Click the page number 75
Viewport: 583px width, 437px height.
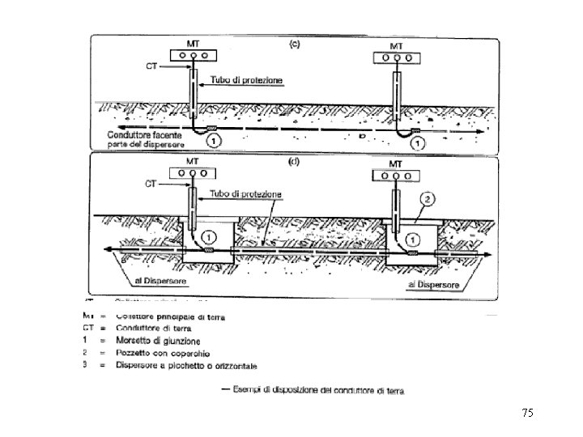pyautogui.click(x=528, y=414)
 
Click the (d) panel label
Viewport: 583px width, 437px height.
pyautogui.click(x=296, y=161)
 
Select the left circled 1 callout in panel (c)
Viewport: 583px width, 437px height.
pyautogui.click(x=212, y=142)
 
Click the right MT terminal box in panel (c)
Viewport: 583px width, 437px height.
pyautogui.click(x=398, y=57)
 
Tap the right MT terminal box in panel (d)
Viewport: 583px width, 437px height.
pyautogui.click(x=395, y=176)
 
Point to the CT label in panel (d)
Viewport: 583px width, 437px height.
pyautogui.click(x=151, y=184)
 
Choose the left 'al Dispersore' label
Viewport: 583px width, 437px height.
pyautogui.click(x=161, y=281)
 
